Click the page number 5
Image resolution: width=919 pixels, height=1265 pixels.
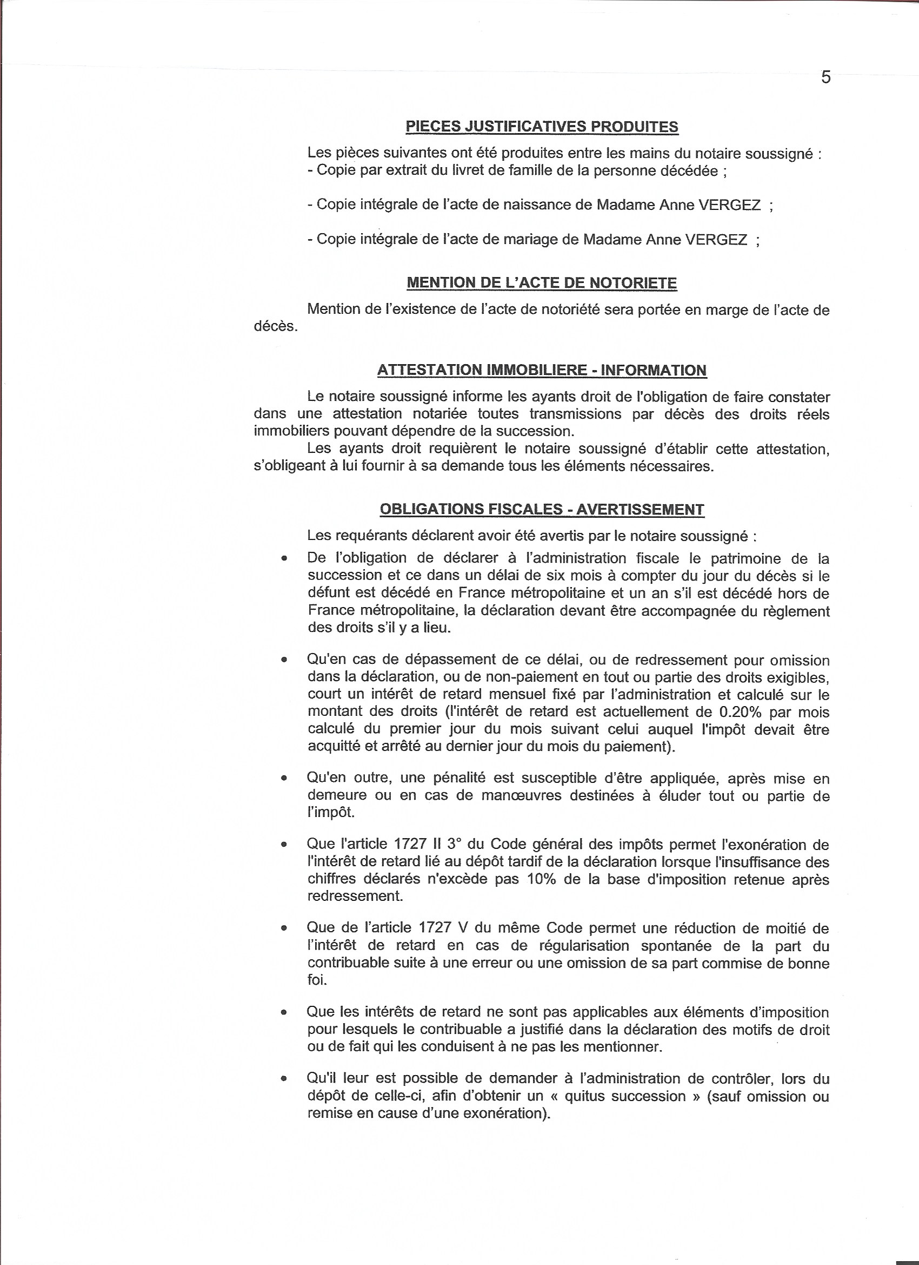tap(826, 78)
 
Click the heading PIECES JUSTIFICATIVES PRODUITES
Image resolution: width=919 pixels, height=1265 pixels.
tap(542, 127)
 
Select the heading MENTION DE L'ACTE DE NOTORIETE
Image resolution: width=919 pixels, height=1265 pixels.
tap(542, 284)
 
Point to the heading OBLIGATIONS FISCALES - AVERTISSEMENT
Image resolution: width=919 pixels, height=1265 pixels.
tap(542, 509)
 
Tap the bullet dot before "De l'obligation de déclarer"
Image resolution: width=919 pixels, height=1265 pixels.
tap(284, 559)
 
